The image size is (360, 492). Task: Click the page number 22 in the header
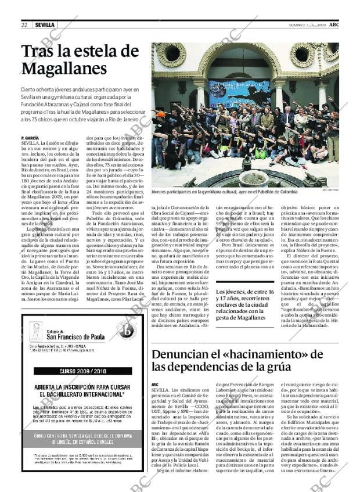[x=24, y=25]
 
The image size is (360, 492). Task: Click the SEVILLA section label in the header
[x=45, y=25]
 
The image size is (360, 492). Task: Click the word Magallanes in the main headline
[x=64, y=69]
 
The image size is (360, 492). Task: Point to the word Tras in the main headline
[x=39, y=52]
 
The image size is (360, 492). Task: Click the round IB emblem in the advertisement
[x=125, y=331]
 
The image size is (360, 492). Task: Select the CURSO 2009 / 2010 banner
[x=84, y=371]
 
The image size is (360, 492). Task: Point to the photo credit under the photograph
[x=330, y=189]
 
